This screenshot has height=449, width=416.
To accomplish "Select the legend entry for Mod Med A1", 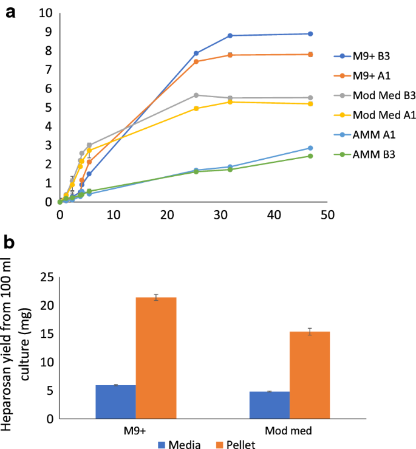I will pos(374,115).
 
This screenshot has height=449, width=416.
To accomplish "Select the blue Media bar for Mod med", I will pos(270,405).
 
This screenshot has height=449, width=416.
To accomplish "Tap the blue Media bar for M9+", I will pos(116,402).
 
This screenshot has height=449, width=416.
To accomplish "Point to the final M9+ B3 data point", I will pos(310,34).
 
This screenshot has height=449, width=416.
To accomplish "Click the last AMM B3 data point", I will pos(310,156).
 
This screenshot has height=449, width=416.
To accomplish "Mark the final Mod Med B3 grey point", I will pos(310,98).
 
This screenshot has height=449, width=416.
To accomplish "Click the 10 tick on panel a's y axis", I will pos(47,13).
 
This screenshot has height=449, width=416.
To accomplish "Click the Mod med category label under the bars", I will pos(290,430).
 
